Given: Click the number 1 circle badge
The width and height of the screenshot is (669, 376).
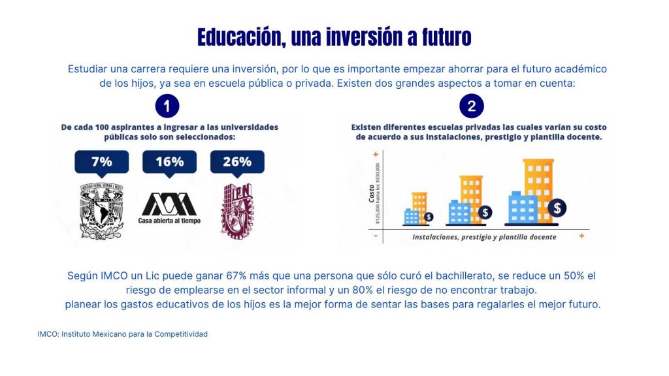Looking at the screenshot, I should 167,106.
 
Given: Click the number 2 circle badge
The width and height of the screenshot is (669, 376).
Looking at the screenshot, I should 472,106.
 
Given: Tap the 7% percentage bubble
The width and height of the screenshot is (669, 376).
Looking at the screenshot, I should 101,162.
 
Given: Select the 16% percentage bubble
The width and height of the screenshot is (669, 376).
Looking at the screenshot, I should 169,162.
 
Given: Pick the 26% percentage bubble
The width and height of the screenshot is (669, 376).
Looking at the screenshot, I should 237,162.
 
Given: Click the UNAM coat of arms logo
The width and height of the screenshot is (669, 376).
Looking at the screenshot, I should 101,210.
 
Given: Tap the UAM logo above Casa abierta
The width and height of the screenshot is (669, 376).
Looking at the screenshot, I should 169,204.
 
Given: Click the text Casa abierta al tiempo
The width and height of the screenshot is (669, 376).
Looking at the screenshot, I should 169,221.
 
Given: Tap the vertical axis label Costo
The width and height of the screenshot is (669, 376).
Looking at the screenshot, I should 371,195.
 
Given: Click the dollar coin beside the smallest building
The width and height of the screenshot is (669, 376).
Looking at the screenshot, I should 429,217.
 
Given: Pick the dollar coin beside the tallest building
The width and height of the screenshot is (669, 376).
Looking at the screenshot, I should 557,208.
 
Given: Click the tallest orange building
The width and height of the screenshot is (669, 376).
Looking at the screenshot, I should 538,186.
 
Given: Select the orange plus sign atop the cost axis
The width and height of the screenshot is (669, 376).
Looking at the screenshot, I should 376,155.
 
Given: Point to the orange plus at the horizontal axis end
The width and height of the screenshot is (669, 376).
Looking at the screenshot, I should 581,236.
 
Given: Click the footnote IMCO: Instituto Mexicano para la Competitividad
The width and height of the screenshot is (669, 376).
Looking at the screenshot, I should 123,334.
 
